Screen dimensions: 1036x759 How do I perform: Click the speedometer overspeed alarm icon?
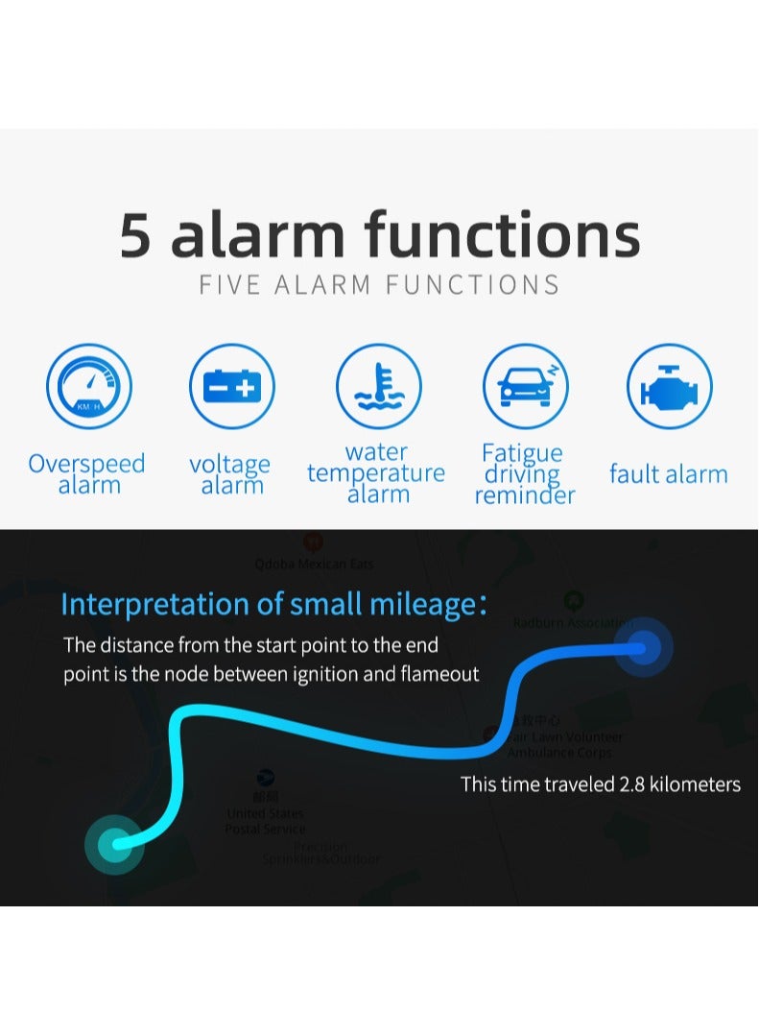(x=89, y=386)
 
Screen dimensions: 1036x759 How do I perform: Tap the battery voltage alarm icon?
(x=231, y=386)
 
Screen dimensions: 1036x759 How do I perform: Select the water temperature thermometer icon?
(x=378, y=386)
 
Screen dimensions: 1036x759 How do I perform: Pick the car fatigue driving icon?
(x=525, y=386)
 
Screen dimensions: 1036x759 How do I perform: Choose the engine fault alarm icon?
(x=669, y=386)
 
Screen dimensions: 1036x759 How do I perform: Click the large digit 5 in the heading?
(x=135, y=236)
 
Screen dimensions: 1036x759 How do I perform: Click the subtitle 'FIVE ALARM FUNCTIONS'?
(x=379, y=284)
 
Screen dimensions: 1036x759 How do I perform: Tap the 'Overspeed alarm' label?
(x=87, y=474)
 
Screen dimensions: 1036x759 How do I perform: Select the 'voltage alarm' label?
(x=230, y=474)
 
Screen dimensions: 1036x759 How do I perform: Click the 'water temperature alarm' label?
(x=377, y=473)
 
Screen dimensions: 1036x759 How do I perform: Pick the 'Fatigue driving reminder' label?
(x=524, y=474)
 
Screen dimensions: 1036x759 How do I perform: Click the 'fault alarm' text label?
(x=669, y=473)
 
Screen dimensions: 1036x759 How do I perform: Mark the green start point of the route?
(x=115, y=845)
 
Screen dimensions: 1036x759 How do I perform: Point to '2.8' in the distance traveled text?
(x=631, y=784)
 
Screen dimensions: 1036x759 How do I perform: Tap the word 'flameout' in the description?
(x=440, y=674)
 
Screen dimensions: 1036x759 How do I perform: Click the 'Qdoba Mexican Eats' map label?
(x=314, y=565)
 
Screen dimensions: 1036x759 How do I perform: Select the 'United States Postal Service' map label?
(x=266, y=821)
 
